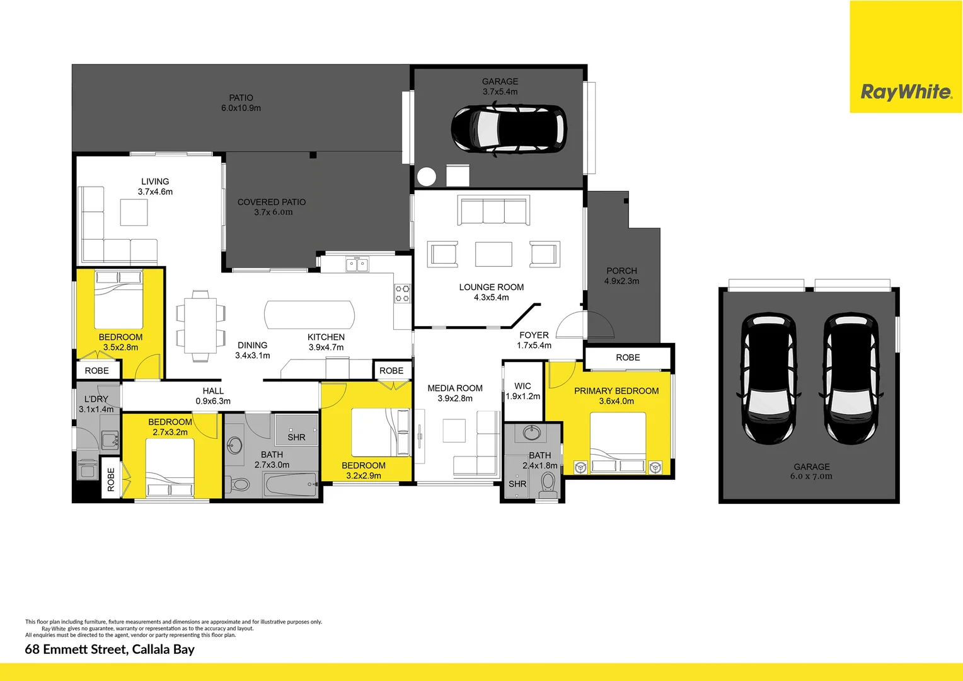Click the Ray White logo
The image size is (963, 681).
tap(906, 92)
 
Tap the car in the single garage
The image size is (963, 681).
tap(508, 130)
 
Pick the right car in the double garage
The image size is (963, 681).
tap(850, 378)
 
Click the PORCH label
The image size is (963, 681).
tap(621, 271)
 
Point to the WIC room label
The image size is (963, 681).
tap(522, 386)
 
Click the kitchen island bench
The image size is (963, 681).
tap(309, 315)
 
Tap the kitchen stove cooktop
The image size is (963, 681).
tap(402, 294)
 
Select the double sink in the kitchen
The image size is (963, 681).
tap(357, 264)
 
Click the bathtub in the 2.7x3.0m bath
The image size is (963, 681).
tap(291, 486)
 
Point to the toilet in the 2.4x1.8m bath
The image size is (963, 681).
tap(548, 484)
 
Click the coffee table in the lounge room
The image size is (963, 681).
tap(493, 254)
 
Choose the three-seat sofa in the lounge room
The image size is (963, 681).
tap(494, 211)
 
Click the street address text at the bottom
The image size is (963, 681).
tap(110, 649)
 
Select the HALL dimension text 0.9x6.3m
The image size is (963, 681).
tap(213, 401)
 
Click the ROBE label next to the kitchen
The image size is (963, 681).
tap(391, 371)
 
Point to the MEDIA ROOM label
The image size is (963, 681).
tap(455, 388)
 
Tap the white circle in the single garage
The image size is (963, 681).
tap(427, 177)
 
